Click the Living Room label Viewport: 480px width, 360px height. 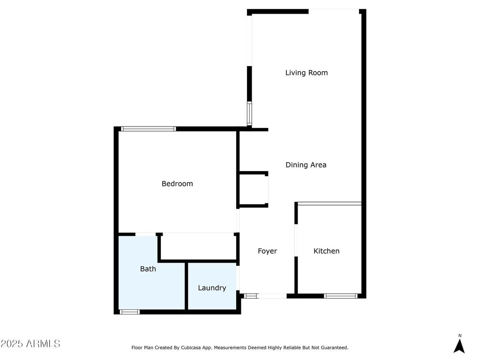click(x=307, y=73)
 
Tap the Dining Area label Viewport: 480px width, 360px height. click(x=306, y=165)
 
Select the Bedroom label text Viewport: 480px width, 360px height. click(x=177, y=184)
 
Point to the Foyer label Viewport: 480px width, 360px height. click(x=267, y=251)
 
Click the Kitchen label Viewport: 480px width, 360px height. click(x=326, y=251)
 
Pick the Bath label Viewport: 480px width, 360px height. click(x=148, y=269)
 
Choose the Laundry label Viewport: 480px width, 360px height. click(x=212, y=288)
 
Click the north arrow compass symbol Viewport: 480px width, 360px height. click(x=459, y=346)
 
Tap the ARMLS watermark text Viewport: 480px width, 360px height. click(x=30, y=344)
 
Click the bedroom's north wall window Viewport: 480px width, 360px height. click(x=148, y=129)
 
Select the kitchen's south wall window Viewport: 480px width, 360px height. click(x=341, y=296)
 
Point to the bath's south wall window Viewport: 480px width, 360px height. click(x=129, y=312)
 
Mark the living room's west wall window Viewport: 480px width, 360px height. click(x=249, y=113)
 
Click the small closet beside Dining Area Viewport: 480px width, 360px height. click(x=253, y=189)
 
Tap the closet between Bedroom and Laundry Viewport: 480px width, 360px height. click(x=198, y=246)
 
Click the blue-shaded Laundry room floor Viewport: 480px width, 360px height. click(x=212, y=300)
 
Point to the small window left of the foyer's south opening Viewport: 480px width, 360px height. click(x=251, y=296)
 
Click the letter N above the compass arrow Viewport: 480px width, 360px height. click(x=460, y=335)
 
